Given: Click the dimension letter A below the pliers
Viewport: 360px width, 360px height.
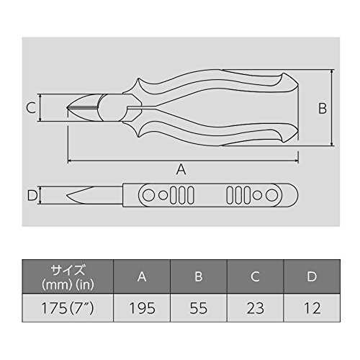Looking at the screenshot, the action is pyautogui.click(x=181, y=169).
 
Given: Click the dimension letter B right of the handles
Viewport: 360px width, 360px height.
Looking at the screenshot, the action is pyautogui.click(x=323, y=108).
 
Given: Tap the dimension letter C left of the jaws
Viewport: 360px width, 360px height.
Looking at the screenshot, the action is pyautogui.click(x=31, y=108).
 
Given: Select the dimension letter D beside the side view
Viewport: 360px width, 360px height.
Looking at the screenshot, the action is pyautogui.click(x=32, y=195).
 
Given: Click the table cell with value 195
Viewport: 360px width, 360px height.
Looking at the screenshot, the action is pyautogui.click(x=142, y=308).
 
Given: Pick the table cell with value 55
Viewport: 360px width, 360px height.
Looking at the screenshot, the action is pyautogui.click(x=199, y=308).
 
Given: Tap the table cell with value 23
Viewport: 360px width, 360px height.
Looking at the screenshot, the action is pyautogui.click(x=256, y=308).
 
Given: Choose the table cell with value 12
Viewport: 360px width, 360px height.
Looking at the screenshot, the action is pyautogui.click(x=312, y=308).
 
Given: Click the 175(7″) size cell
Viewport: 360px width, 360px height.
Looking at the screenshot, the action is pyautogui.click(x=68, y=308).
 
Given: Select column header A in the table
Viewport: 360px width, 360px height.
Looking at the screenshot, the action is pyautogui.click(x=142, y=276).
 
